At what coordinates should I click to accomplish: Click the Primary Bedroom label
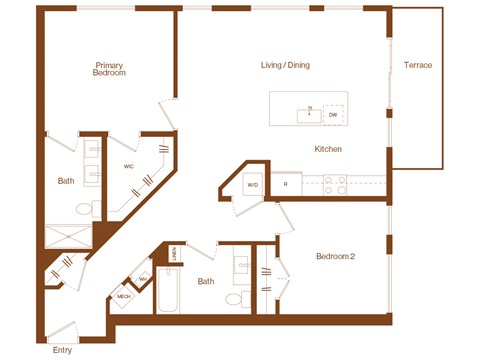coord(108,69)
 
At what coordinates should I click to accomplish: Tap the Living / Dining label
coord(285,65)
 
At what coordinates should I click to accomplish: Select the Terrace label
coord(418,65)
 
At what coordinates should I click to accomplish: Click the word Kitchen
coord(329,149)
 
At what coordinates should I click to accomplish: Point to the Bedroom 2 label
coord(336,256)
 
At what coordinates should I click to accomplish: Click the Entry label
coord(62,350)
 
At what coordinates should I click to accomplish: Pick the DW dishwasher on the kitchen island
coord(333,114)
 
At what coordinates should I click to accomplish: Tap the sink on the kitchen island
coord(310,113)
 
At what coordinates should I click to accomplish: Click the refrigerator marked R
coord(286,185)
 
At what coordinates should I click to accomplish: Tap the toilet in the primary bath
coord(96,209)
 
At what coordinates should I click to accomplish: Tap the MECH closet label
coord(124,297)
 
